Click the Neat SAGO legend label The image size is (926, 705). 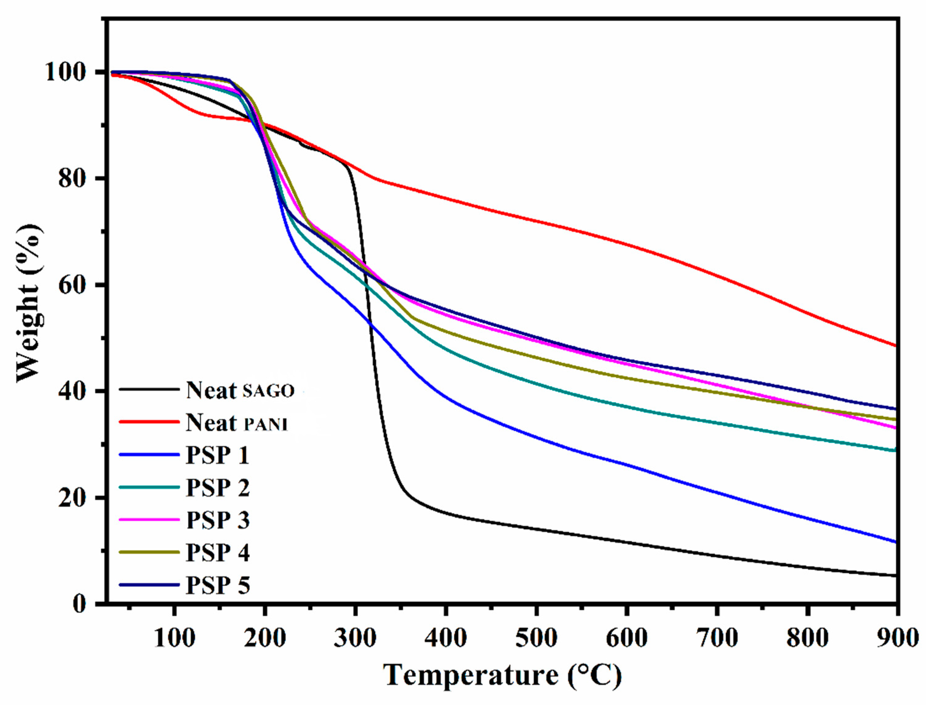pyautogui.click(x=240, y=390)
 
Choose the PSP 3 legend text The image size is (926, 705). pyautogui.click(x=217, y=520)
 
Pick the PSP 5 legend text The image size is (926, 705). pyautogui.click(x=217, y=585)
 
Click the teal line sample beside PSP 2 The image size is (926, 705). pyautogui.click(x=149, y=487)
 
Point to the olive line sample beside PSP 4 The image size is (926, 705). pyautogui.click(x=149, y=552)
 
